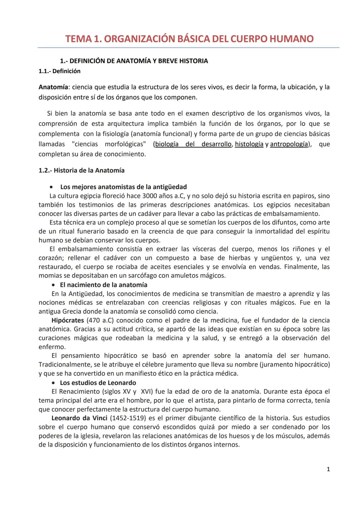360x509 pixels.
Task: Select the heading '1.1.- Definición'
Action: pyautogui.click(x=59, y=71)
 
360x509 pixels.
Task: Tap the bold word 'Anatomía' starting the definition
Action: pyautogui.click(x=53, y=87)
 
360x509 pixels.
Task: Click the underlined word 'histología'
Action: pyautogui.click(x=249, y=144)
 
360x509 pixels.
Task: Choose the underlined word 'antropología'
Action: pyautogui.click(x=289, y=144)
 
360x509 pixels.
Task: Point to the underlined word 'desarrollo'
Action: pyautogui.click(x=216, y=144)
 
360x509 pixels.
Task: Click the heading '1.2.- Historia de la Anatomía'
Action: pyautogui.click(x=81, y=170)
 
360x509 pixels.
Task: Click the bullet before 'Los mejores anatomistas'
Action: pyautogui.click(x=52, y=187)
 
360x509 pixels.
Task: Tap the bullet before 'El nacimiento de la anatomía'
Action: pyautogui.click(x=54, y=285)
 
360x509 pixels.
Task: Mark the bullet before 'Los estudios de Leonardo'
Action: pyautogui.click(x=54, y=383)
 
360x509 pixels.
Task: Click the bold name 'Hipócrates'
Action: pyautogui.click(x=68, y=320)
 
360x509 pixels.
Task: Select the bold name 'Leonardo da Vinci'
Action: pyautogui.click(x=79, y=418)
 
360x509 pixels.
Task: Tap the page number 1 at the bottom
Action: pyautogui.click(x=328, y=469)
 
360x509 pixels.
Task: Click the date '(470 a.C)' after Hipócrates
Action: pyautogui.click(x=100, y=320)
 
